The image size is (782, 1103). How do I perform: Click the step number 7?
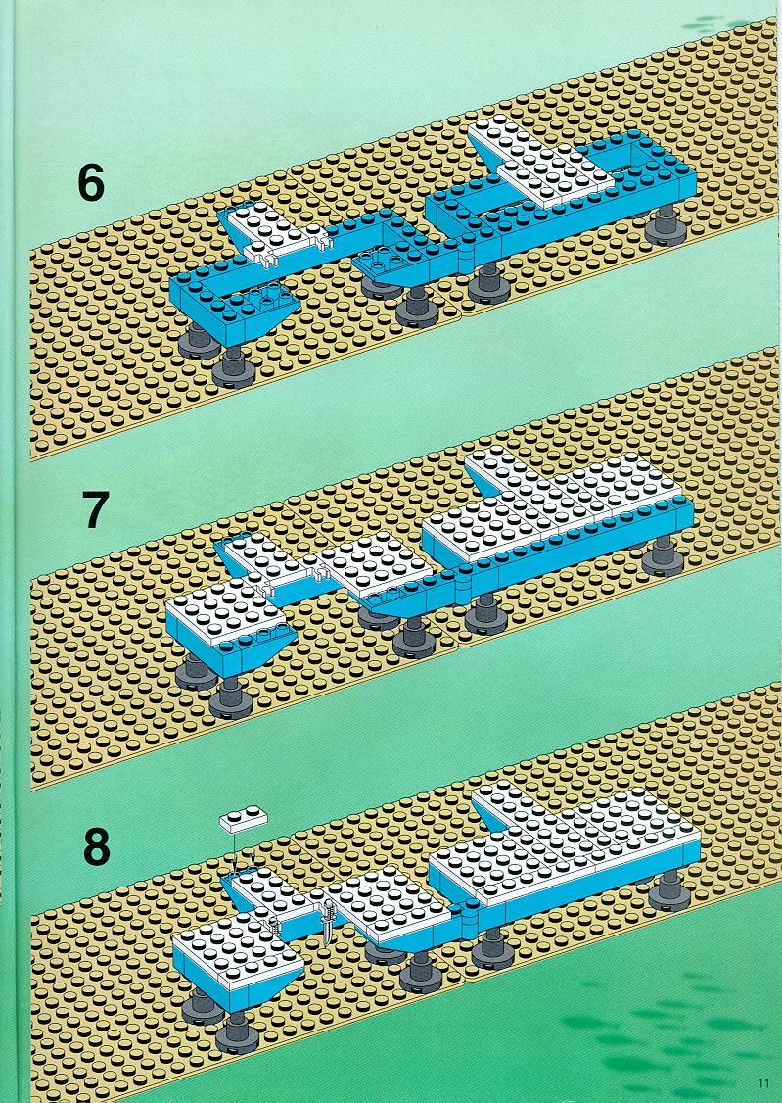(96, 509)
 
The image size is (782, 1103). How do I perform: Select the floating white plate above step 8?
(244, 819)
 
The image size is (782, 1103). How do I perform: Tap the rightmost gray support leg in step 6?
(662, 226)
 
